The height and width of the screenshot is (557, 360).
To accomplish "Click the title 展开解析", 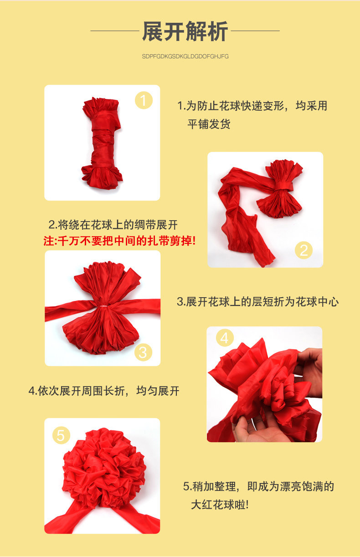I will click(x=185, y=31).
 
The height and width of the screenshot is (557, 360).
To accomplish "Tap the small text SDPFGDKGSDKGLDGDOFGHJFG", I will click(x=185, y=57).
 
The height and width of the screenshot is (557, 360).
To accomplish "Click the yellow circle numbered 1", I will click(x=144, y=100).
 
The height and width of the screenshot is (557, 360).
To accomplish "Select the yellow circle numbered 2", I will click(x=304, y=250).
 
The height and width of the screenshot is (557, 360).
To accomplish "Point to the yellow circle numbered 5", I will click(x=61, y=435).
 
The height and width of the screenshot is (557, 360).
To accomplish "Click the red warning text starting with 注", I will click(x=119, y=241).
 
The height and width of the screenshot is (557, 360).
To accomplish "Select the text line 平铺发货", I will click(x=209, y=124).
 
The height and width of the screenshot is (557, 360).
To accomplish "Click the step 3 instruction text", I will click(x=257, y=302).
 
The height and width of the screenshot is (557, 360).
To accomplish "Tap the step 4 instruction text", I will click(x=104, y=391).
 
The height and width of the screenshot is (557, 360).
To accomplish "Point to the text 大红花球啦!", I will click(x=220, y=505).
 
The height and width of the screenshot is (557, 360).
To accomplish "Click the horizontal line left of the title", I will click(x=114, y=31).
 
